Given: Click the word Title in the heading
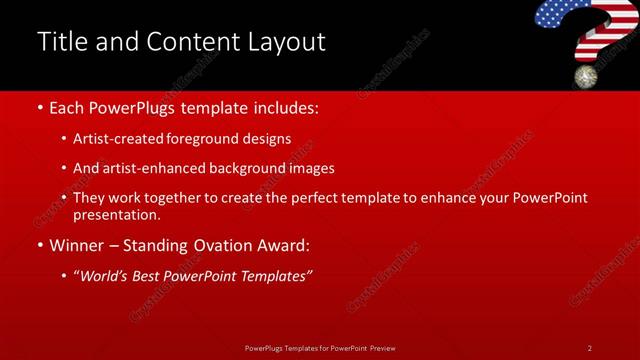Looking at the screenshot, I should coord(59,42).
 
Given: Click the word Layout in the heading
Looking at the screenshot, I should coord(288,42).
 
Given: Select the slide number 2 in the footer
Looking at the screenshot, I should coord(590,348).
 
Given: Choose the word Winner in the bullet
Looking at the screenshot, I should coord(78,244).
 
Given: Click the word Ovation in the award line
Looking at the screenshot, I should coord(225,244).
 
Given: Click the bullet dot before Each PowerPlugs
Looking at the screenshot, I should coord(39,106).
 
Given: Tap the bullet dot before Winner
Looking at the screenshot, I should coord(39,244).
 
